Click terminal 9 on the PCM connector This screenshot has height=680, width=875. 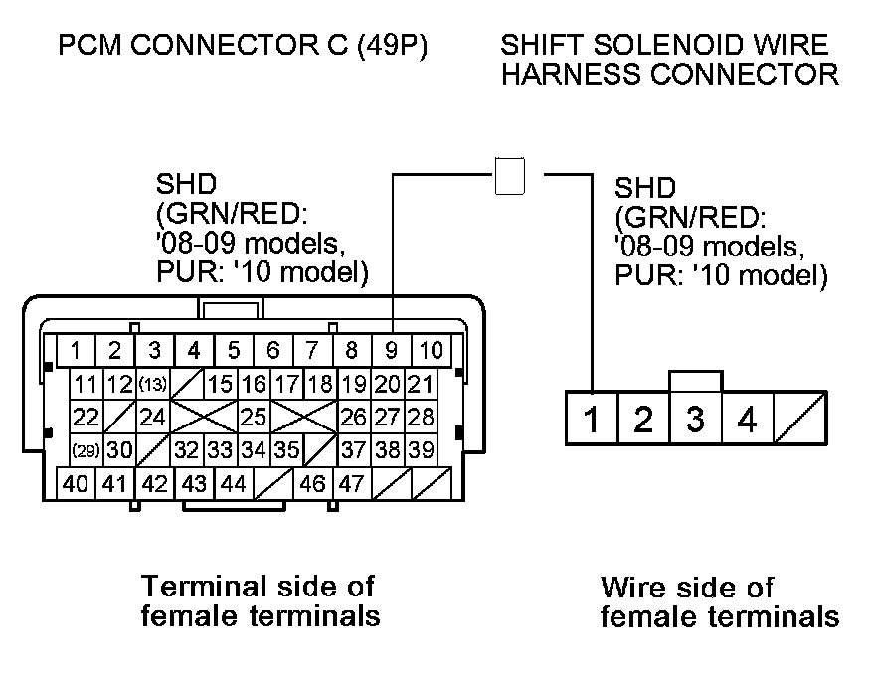coord(391,350)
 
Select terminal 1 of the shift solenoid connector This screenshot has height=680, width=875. coord(592,420)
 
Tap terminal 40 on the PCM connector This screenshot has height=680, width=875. coord(75,485)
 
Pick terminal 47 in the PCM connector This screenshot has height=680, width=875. coord(351,485)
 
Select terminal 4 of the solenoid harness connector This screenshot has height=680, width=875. coord(747,420)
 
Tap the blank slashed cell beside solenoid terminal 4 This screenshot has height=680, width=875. coord(798,420)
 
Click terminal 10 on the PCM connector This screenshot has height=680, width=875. coord(431,350)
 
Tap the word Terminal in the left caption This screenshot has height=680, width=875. coord(196,585)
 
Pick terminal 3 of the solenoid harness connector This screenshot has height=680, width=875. coord(695,420)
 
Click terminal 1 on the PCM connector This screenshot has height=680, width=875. coord(76,350)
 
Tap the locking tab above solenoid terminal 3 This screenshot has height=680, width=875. coord(695,382)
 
